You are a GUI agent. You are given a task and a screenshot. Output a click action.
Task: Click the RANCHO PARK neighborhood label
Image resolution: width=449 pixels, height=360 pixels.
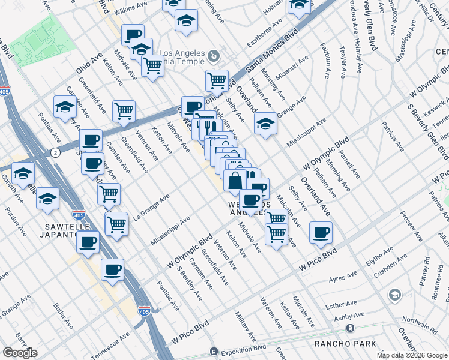coord(345,343)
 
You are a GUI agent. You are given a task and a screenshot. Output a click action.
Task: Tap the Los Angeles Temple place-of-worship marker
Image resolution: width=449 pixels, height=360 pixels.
coord(214,58)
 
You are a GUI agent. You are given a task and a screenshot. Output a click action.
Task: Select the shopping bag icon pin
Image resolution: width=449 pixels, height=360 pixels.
coord(235,180)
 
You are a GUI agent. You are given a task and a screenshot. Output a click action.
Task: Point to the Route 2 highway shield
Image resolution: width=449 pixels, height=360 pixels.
coord(55,153)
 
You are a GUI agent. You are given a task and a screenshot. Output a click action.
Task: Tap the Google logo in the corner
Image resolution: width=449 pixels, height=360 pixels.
coord(20,353)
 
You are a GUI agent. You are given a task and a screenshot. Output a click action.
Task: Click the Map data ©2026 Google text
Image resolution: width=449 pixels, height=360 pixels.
coord(412,355)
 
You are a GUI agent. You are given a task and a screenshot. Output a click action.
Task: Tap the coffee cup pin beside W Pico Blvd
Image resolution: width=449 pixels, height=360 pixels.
coord(321,232)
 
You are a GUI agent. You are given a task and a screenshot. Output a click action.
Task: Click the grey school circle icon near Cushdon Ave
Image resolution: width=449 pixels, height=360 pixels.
coord(394,295)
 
